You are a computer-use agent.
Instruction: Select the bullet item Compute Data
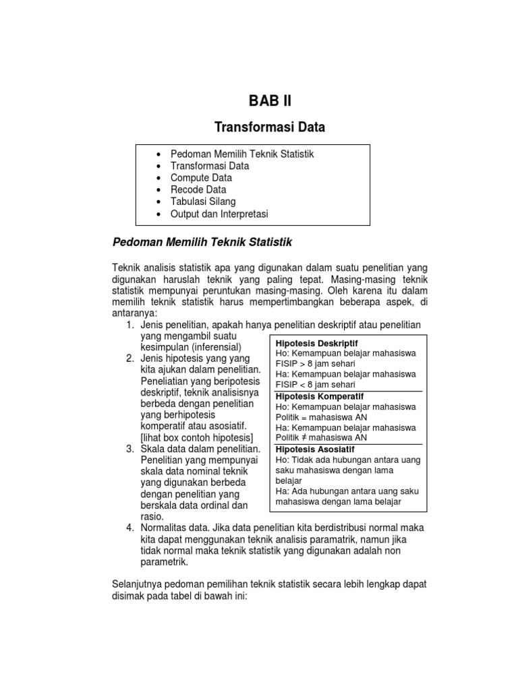click(x=201, y=178)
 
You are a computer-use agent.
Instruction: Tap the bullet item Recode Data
click(x=198, y=190)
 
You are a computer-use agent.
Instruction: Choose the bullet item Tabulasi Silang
click(x=203, y=202)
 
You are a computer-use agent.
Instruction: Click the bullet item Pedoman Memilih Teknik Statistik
click(x=242, y=154)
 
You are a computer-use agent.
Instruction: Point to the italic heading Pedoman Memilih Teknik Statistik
click(x=202, y=241)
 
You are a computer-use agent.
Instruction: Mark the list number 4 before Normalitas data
click(x=130, y=527)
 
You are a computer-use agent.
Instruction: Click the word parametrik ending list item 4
click(x=165, y=561)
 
